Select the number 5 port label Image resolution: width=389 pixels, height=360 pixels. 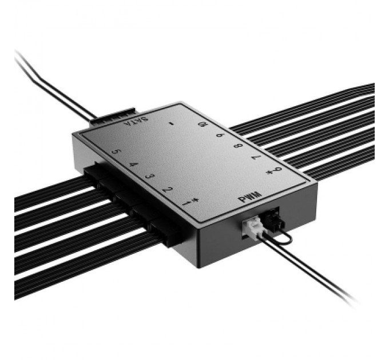coord(116,153)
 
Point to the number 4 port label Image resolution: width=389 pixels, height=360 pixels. coord(133,165)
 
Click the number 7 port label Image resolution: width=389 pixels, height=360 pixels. coord(256,158)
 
